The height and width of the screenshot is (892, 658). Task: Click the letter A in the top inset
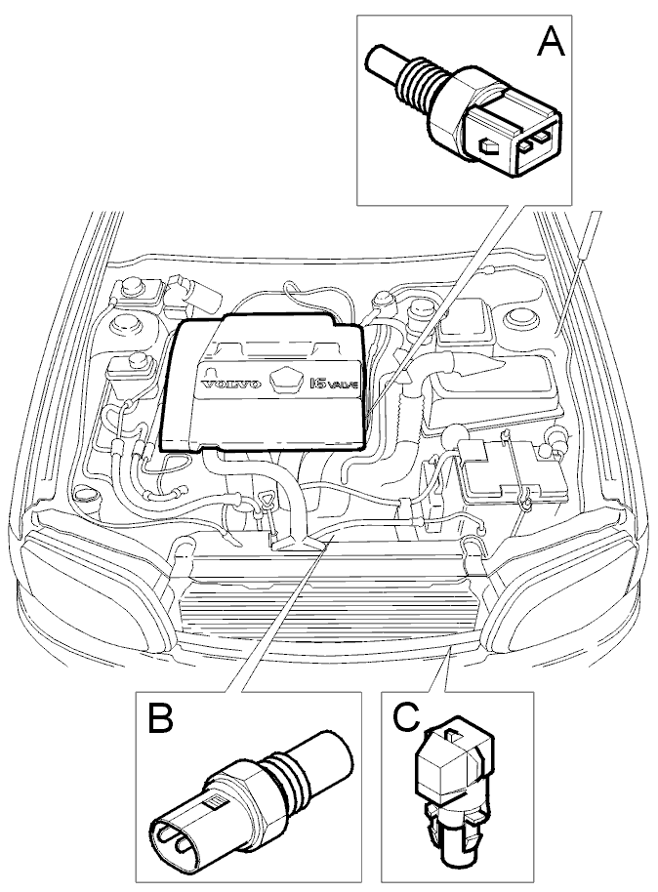[551, 42]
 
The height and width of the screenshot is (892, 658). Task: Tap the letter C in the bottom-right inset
[405, 717]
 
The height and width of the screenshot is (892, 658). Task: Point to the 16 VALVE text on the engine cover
[335, 384]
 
